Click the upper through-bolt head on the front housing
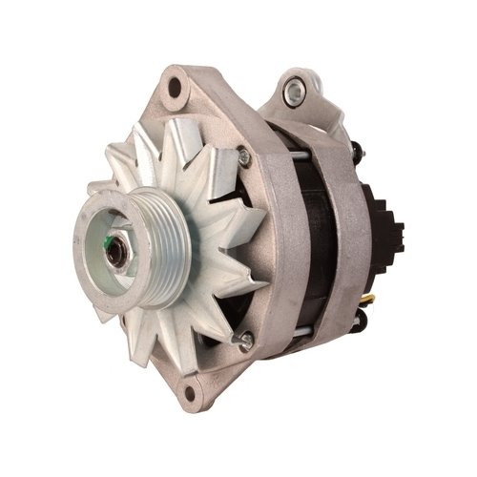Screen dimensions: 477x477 (x=244, y=156)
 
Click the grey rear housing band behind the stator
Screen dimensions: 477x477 (x=353, y=238)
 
